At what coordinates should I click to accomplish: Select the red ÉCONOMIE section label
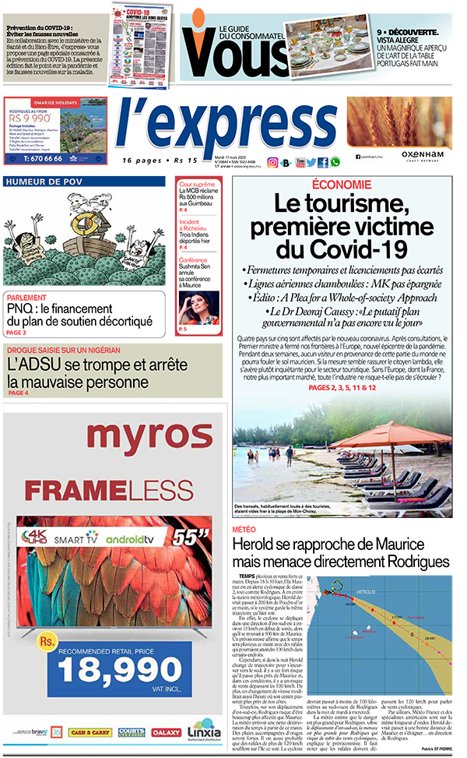point(341,185)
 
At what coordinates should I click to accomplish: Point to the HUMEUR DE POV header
point(45,182)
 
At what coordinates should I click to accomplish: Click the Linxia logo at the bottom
point(205,734)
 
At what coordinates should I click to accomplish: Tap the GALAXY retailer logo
point(166,734)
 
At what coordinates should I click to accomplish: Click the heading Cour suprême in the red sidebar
point(197,185)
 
